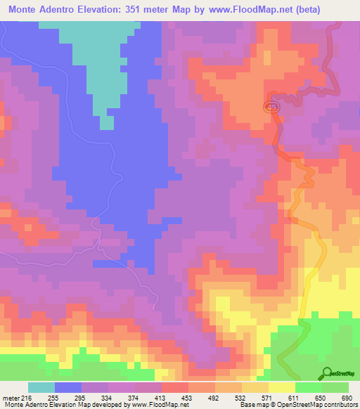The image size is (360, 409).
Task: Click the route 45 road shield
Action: tap(272, 107)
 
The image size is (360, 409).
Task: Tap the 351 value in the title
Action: tap(153, 9)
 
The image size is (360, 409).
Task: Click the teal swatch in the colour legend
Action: tap(41, 387)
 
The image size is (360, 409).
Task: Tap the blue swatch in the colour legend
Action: tap(68, 387)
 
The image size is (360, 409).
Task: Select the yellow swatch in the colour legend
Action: tap(282, 387)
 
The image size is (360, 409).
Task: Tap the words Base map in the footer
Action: tap(250, 405)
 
